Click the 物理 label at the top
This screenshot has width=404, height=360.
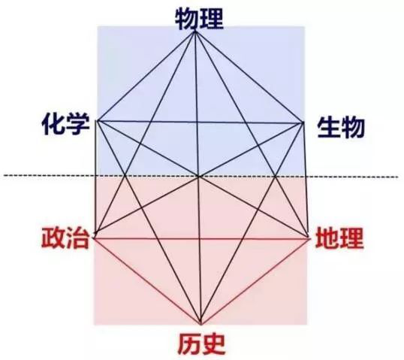[x=199, y=19]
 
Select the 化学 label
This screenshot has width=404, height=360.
[x=66, y=125]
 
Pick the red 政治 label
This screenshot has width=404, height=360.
[x=65, y=237]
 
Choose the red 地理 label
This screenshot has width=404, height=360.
[x=339, y=237]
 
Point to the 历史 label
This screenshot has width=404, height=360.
[x=201, y=344]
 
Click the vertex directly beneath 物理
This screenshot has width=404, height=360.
[x=195, y=32]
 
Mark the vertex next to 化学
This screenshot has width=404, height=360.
[x=97, y=121]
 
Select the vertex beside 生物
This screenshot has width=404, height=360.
[x=303, y=123]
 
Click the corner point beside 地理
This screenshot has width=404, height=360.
[x=309, y=237]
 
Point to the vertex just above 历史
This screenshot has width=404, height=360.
[x=201, y=324]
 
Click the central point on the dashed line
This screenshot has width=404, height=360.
[x=199, y=177]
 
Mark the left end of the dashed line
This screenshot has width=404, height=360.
[x=4, y=176]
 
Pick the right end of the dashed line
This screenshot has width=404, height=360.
[x=398, y=177]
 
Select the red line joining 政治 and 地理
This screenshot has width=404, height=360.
[x=203, y=239]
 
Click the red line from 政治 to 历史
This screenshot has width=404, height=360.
[x=147, y=281]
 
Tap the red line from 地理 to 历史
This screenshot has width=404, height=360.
[x=256, y=281]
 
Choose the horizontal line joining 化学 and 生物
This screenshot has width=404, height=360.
[x=200, y=122]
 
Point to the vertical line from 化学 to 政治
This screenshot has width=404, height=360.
[x=96, y=177]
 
